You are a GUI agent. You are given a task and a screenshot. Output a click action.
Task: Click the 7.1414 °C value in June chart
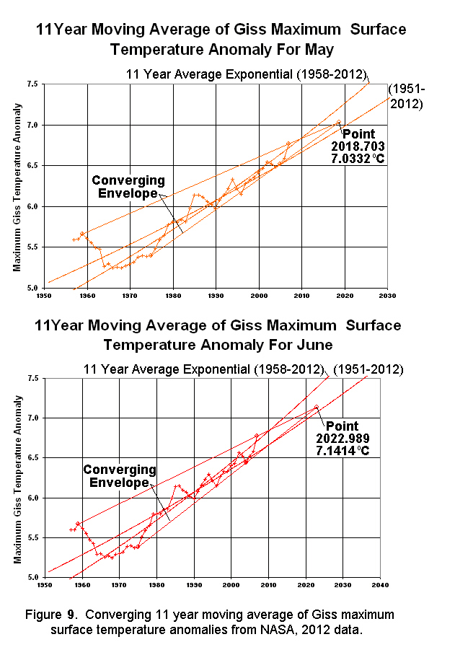343,449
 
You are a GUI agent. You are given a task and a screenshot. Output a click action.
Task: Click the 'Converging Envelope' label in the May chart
128,186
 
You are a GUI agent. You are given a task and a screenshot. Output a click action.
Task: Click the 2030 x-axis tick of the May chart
388,295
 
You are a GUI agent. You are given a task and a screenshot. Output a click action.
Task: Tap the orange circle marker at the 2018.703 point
339,122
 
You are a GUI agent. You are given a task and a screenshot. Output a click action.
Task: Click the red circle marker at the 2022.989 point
316,407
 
